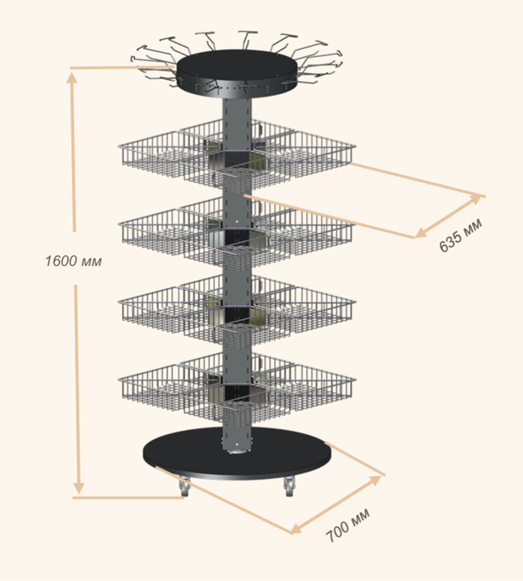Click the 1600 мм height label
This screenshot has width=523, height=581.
[73, 261]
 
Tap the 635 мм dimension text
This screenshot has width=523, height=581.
[461, 234]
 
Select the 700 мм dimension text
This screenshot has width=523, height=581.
[348, 525]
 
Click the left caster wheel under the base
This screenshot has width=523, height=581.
[184, 487]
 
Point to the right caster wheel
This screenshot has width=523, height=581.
[289, 486]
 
